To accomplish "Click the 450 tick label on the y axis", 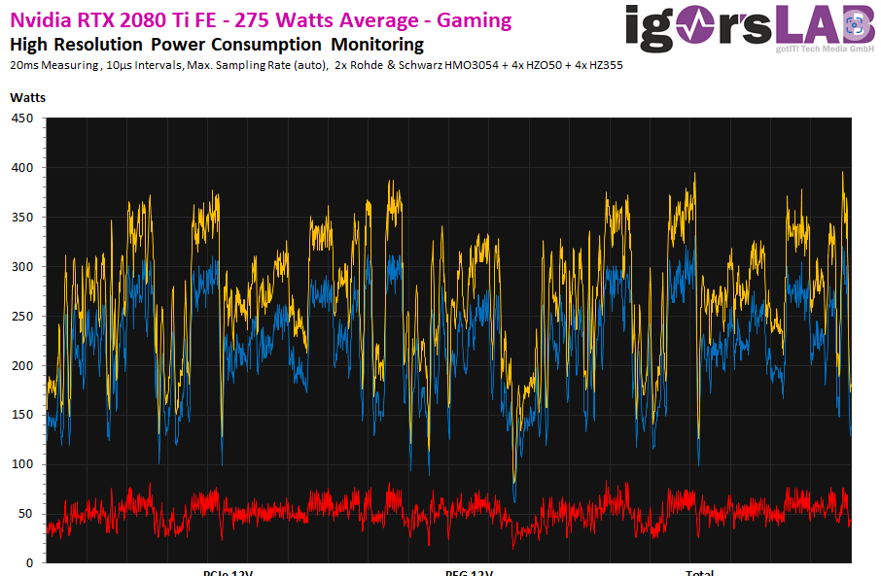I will click(21, 119).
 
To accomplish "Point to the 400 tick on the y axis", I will click(21, 168).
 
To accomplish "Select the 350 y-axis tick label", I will click(21, 218).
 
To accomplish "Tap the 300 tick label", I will click(21, 267).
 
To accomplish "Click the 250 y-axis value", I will click(21, 317).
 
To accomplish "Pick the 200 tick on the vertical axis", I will click(21, 366).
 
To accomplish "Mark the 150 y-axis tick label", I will click(21, 415).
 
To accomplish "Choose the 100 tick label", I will click(21, 464).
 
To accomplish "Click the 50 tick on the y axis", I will click(25, 514).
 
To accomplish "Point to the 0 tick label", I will click(29, 563).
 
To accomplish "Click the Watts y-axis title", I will click(27, 97).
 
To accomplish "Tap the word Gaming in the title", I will click(476, 20).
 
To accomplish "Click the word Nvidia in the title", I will click(38, 20).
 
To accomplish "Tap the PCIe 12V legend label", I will click(228, 572).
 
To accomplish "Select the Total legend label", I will click(699, 572).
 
